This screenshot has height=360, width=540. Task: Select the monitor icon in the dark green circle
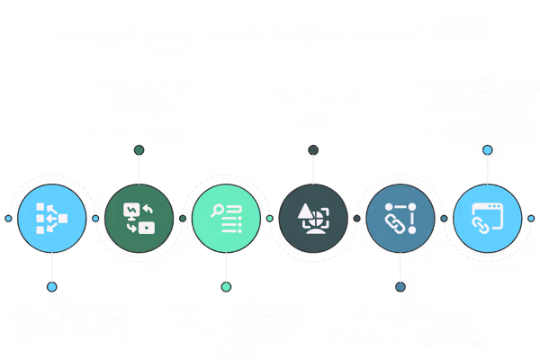coord(138,217)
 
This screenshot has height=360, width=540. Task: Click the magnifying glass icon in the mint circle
coord(226,217)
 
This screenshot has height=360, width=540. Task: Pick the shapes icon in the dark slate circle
coord(314,217)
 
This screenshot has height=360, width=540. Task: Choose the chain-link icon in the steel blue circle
coord(400,217)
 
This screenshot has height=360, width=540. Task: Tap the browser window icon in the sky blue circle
coord(487,217)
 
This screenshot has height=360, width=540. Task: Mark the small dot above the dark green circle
coord(138,149)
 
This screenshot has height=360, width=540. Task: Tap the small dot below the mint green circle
coord(226,286)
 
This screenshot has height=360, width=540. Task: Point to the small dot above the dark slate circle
coord(314,149)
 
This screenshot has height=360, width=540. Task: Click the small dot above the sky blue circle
coord(488,149)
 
